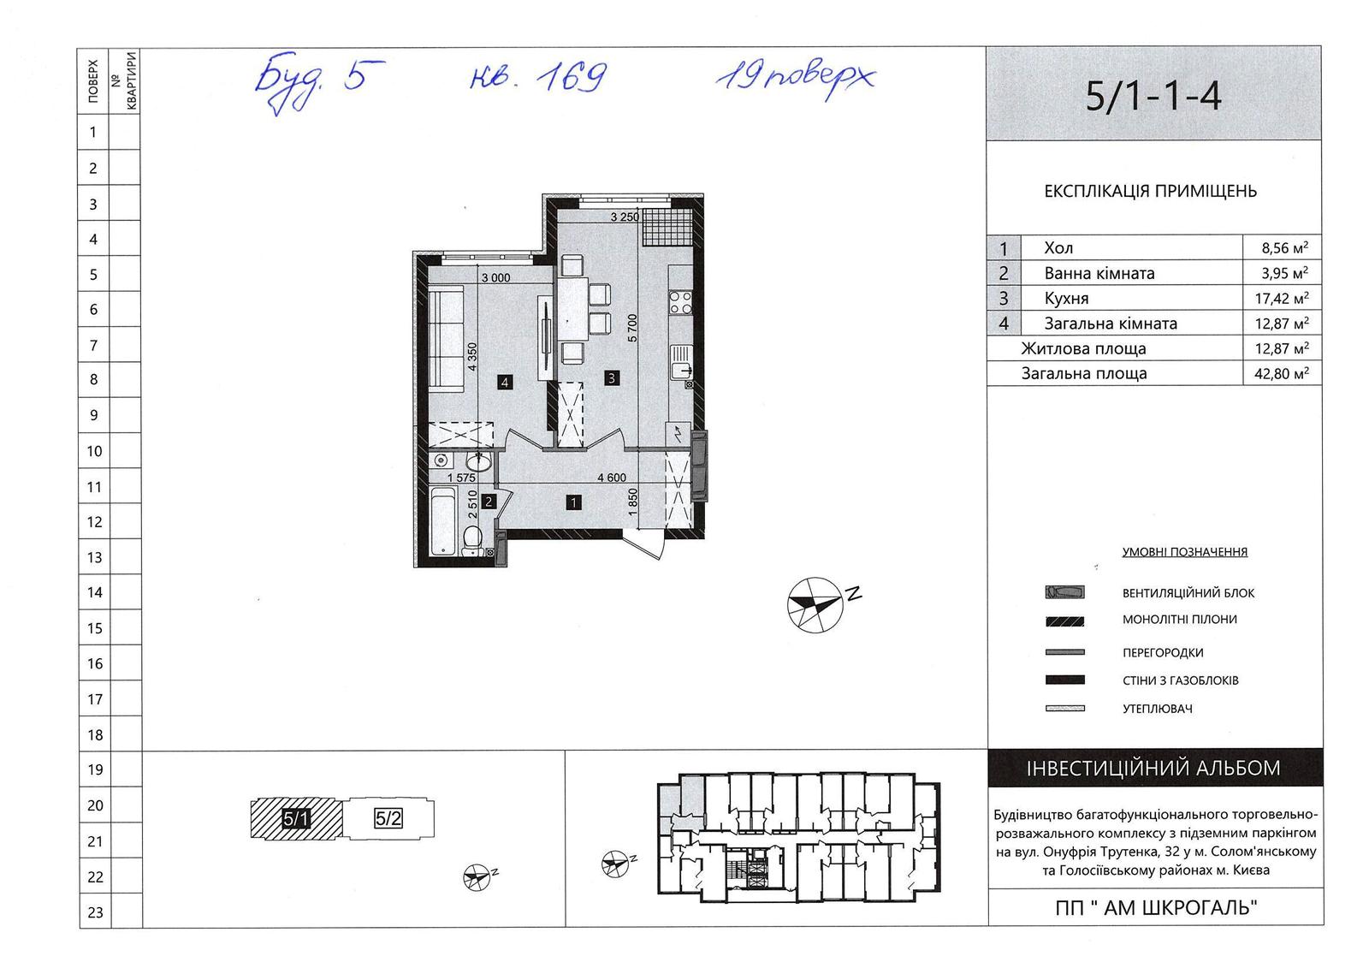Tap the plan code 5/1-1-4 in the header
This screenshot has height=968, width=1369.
(x=1153, y=96)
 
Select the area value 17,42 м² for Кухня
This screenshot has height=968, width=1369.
(x=1282, y=298)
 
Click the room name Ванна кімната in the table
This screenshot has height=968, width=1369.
(x=1099, y=273)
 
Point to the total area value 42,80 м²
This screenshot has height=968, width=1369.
(x=1282, y=373)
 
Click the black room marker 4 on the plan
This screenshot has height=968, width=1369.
(x=505, y=383)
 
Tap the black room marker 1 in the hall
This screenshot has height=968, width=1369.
(x=573, y=502)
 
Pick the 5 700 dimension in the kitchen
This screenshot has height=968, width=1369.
(x=632, y=328)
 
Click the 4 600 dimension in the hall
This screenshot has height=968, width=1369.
(x=612, y=478)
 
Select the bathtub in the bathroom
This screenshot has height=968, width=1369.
(x=444, y=521)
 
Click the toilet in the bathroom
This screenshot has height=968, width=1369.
(x=472, y=541)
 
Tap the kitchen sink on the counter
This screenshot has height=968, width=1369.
(x=681, y=362)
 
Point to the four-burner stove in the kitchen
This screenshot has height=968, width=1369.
(x=681, y=303)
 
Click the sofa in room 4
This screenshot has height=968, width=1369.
(x=446, y=339)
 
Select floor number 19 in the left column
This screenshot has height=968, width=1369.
(x=95, y=769)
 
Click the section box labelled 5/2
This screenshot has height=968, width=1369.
(x=388, y=818)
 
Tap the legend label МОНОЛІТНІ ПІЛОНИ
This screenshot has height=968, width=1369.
(x=1180, y=620)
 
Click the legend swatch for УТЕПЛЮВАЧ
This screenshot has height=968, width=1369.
(x=1064, y=709)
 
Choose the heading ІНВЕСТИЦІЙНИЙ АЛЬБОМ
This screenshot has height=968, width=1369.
(x=1153, y=768)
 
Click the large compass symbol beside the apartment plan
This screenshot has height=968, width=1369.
(x=815, y=605)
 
